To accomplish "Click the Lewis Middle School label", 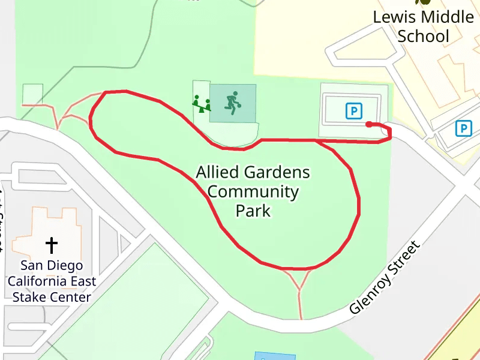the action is pos(423,26).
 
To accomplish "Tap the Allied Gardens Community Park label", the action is pos(253,191).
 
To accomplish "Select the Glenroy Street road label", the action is pos(385,278).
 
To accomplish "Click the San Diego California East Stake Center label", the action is pos(52,281).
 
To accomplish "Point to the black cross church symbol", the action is pos(52,245).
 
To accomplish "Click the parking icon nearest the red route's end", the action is pos(354,110).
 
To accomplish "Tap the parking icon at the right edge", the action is pos(463,128).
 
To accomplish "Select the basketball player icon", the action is pos(232,103).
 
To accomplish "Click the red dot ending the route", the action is pos(368,124).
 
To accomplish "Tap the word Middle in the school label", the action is pos(446,17).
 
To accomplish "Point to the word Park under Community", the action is pos(253,211).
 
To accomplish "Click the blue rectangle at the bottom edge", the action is pos(274,356).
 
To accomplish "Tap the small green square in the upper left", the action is pos(32,94).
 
